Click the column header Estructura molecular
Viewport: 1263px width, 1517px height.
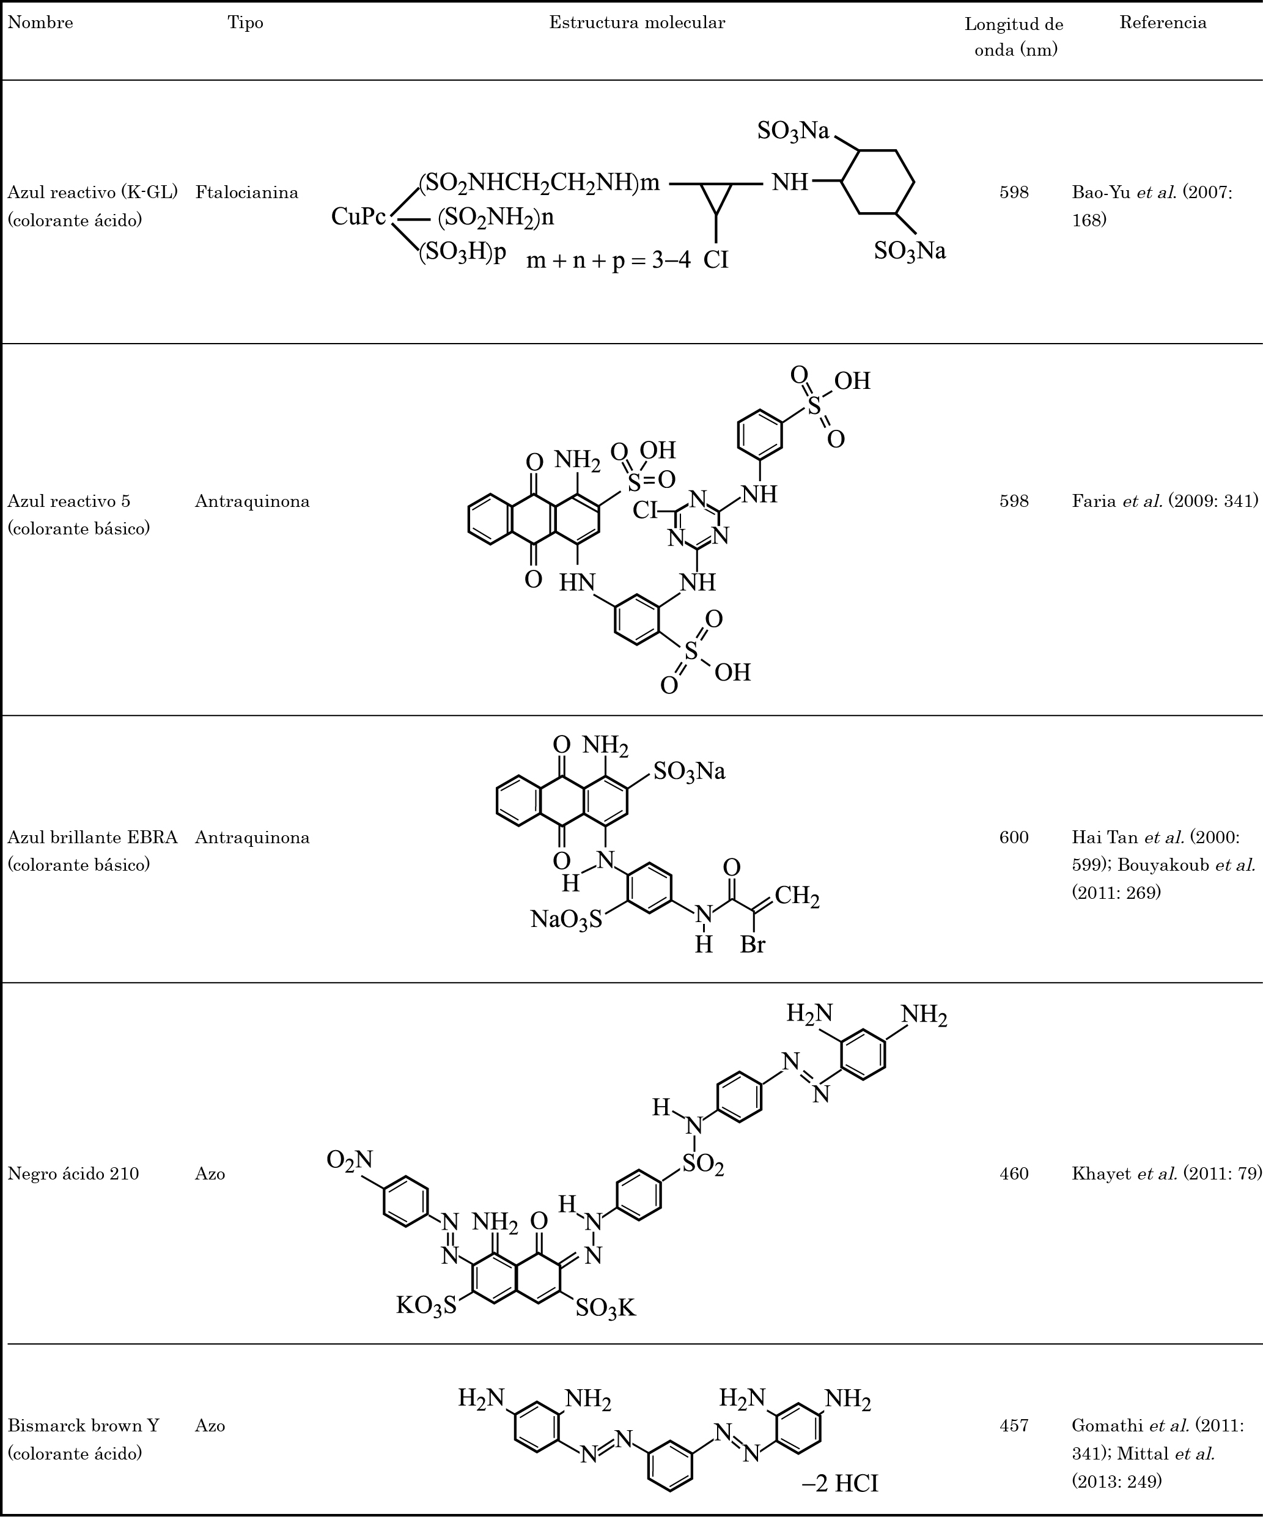pos(637,23)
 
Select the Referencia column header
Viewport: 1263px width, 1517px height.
pos(1163,23)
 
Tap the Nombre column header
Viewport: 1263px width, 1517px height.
pos(40,23)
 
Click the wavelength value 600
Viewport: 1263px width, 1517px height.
pos(1014,837)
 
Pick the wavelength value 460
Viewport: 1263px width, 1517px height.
pos(1014,1173)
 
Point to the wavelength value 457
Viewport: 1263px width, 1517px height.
pos(1014,1425)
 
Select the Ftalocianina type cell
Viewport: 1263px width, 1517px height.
pos(247,192)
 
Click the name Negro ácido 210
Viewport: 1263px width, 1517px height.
pos(73,1173)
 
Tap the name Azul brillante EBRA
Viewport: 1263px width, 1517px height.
pos(92,837)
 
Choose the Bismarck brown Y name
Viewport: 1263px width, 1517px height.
pos(83,1425)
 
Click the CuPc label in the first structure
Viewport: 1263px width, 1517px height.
pos(359,216)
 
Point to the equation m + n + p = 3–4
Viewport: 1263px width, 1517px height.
pos(608,260)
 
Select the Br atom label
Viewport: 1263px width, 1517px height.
pos(753,944)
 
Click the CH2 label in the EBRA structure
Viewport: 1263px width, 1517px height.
pos(797,896)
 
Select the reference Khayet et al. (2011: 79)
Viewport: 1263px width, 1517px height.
pos(1167,1173)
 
